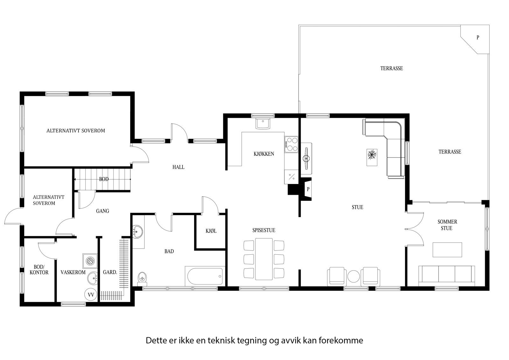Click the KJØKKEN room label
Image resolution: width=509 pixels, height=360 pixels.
pos(264,154)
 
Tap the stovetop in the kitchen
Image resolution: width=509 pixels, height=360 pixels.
pos(292,144)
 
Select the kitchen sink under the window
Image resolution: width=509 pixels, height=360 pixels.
pos(263,124)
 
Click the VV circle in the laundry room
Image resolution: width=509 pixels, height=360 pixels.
pos(91,295)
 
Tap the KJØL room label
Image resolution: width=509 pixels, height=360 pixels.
pos(211,231)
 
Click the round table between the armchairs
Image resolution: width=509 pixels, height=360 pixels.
pos(353,276)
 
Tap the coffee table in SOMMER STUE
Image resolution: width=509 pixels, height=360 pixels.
pos(447,250)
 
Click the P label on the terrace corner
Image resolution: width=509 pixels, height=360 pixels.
pos(478,38)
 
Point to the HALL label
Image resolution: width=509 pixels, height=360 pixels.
pos(178,167)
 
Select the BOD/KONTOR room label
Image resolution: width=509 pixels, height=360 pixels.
pos(41,270)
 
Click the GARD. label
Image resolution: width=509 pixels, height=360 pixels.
pos(110,272)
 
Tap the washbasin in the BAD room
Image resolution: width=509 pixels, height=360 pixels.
pos(137,232)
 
